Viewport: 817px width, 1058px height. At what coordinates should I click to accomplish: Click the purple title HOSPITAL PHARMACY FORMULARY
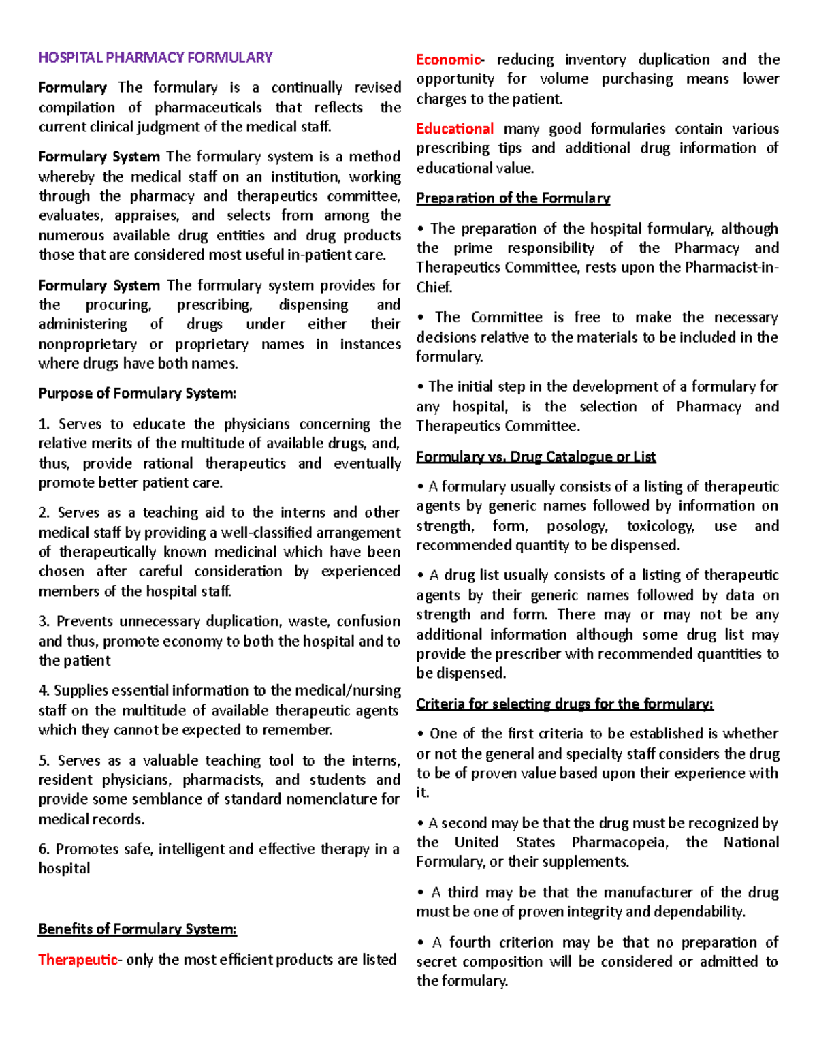pyautogui.click(x=155, y=57)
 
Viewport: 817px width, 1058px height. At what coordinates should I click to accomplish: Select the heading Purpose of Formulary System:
pyautogui.click(x=137, y=393)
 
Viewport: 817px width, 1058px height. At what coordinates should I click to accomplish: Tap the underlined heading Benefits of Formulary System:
pyautogui.click(x=137, y=929)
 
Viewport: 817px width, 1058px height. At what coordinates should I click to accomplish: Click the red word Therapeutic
pyautogui.click(x=78, y=959)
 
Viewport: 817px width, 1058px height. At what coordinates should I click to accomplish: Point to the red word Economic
pyautogui.click(x=449, y=59)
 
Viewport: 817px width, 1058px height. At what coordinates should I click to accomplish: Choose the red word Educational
pyautogui.click(x=455, y=129)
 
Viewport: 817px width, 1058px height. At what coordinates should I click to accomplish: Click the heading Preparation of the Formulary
pyautogui.click(x=513, y=198)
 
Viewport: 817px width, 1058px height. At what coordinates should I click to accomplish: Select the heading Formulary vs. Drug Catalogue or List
pyautogui.click(x=536, y=456)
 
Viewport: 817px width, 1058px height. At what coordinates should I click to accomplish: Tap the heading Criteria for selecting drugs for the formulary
pyautogui.click(x=564, y=704)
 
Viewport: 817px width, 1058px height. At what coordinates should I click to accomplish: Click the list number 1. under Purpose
pyautogui.click(x=44, y=424)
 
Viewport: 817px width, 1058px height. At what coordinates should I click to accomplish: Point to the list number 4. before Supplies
pyautogui.click(x=44, y=690)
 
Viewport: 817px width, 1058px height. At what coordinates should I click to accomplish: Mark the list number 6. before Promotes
pyautogui.click(x=44, y=849)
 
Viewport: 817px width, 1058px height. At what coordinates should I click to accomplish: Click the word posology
pyautogui.click(x=577, y=526)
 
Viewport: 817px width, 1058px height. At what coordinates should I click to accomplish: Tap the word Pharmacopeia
pyautogui.click(x=620, y=842)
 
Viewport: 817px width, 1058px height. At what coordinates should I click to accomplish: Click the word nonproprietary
pyautogui.click(x=87, y=344)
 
